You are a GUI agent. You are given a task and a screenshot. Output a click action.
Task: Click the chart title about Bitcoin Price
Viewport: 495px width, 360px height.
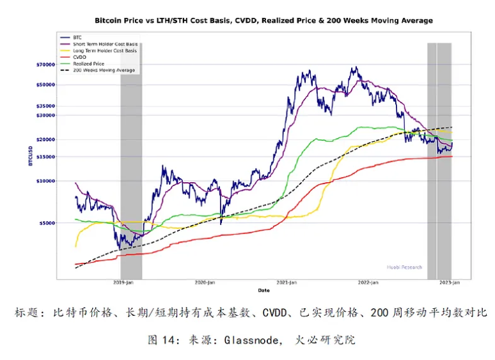coord(263,20)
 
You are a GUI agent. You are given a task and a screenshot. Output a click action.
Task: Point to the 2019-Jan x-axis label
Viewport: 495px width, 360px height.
coord(122,282)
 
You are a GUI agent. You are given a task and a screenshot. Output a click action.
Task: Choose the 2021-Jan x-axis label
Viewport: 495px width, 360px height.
coord(287,282)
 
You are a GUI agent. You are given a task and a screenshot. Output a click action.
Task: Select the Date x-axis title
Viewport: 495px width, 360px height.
coord(263,290)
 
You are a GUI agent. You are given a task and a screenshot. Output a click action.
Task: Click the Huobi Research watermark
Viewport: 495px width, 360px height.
coord(404,267)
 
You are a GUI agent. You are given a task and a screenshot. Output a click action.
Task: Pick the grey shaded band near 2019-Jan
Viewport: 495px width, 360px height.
coord(131,160)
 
